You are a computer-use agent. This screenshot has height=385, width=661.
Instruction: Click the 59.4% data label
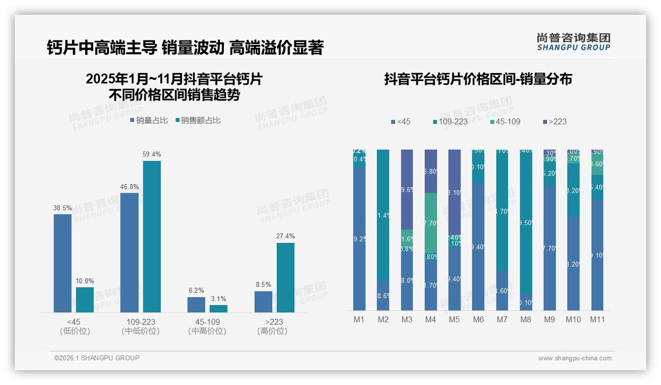point(152,154)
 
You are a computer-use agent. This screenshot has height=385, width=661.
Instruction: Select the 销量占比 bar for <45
point(63,263)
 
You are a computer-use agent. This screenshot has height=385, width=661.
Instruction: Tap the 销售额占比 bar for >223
point(285,277)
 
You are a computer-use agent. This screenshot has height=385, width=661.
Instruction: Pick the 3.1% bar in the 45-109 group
point(219,308)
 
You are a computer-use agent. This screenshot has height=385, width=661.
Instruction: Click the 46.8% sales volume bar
point(129,252)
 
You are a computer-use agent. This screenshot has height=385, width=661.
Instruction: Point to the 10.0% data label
point(85,281)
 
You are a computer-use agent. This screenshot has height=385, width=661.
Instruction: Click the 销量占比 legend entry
point(149,120)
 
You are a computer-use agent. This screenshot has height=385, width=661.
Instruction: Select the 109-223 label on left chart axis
point(141,322)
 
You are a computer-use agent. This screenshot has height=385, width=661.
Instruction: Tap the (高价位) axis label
point(272,331)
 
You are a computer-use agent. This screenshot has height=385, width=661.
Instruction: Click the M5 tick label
point(454,319)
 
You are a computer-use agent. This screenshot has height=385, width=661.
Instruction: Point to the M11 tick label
point(597,319)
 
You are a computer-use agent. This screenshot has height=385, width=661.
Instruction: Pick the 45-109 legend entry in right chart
point(506,121)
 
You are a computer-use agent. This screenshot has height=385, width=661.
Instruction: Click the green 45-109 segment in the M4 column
point(431,223)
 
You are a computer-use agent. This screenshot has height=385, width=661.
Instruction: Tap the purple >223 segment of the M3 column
point(407,189)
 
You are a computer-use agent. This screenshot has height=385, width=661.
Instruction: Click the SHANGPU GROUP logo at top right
point(573,42)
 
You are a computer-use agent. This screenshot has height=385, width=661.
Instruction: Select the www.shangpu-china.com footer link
point(575,358)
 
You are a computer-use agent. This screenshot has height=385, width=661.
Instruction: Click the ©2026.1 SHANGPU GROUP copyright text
point(97,358)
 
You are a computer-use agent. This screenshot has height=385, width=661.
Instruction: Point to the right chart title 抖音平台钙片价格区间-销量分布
point(477,79)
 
